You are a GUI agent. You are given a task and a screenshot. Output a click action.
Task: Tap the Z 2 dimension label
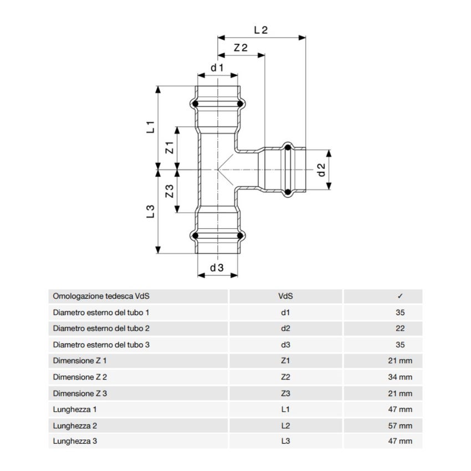coord(240,48)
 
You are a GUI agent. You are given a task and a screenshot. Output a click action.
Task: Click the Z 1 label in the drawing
coord(170,148)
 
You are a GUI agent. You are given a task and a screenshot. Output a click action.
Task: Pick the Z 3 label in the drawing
coord(170,191)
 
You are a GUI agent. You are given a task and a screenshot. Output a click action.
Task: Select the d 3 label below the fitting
coord(217,268)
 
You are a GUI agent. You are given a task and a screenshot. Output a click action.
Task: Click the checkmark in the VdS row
coord(400,296)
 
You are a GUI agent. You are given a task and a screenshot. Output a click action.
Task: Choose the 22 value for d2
coord(400,329)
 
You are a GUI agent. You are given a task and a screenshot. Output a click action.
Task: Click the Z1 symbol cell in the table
coord(285,361)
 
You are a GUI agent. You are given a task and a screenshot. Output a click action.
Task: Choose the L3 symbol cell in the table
coord(285,442)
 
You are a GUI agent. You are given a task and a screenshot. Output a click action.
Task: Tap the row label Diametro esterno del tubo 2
coord(101,329)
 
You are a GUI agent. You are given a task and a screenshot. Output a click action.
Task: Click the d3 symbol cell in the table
coord(285,345)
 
